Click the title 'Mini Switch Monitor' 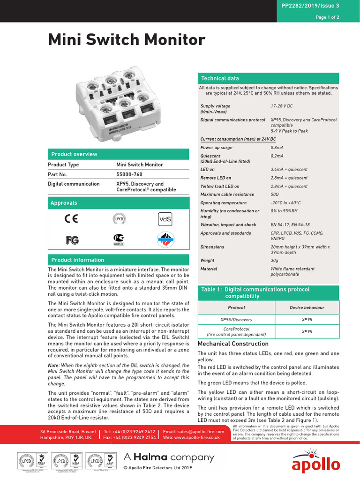tap(127, 40)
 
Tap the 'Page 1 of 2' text tap(327, 17)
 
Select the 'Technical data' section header tap(220, 79)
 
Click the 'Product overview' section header tap(74, 154)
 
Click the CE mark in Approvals tap(72, 218)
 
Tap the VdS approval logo tap(165, 219)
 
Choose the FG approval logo tap(72, 240)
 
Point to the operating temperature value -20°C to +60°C tap(285, 203)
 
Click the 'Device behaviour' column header tap(307, 308)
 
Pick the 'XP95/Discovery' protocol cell tap(236, 320)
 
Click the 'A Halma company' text tap(168, 457)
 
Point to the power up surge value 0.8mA tap(277, 148)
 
